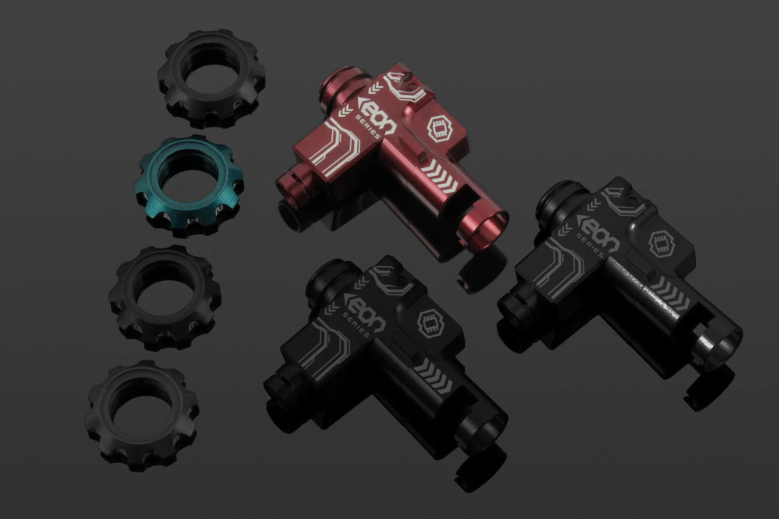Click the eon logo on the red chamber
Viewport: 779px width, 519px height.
click(x=377, y=117)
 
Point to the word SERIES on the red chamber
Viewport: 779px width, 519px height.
click(x=368, y=127)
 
